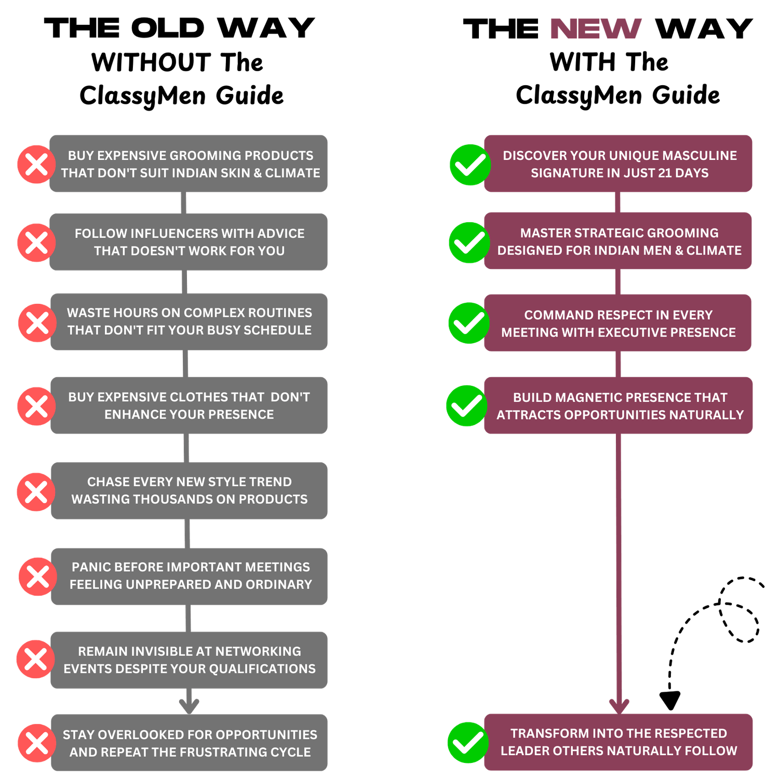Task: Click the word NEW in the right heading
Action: tap(596, 29)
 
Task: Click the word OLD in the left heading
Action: tap(168, 29)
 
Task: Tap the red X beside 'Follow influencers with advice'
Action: tap(36, 243)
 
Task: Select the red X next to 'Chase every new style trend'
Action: tap(36, 492)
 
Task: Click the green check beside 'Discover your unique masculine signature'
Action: tap(470, 165)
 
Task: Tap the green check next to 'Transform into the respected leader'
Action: tap(468, 743)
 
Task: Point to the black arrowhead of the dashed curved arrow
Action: tap(670, 701)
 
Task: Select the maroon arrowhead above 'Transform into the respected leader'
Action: tap(619, 706)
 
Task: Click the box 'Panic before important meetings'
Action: tap(189, 576)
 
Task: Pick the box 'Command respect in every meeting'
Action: tap(618, 323)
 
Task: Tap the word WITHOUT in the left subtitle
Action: tap(151, 63)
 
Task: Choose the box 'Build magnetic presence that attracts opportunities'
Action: tap(619, 406)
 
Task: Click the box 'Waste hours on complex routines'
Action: tap(189, 321)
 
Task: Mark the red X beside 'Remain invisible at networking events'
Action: tap(36, 659)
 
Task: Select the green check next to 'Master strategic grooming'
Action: tap(469, 243)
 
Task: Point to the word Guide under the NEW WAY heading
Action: tap(686, 96)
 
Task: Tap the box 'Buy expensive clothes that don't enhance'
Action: tap(189, 406)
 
